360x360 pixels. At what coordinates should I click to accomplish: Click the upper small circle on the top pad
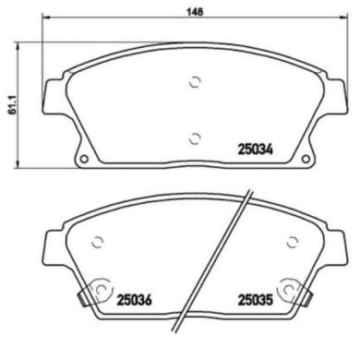click(195, 81)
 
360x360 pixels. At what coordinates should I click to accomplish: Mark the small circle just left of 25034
click(195, 139)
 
